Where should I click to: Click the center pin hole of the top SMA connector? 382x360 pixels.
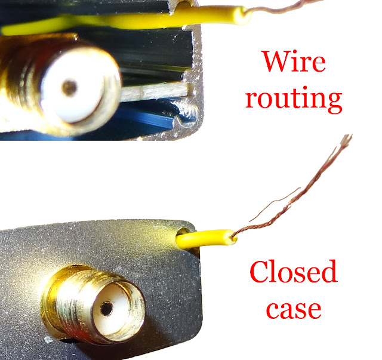point(70,89)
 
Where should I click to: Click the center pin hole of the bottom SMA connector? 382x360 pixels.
point(107,309)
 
